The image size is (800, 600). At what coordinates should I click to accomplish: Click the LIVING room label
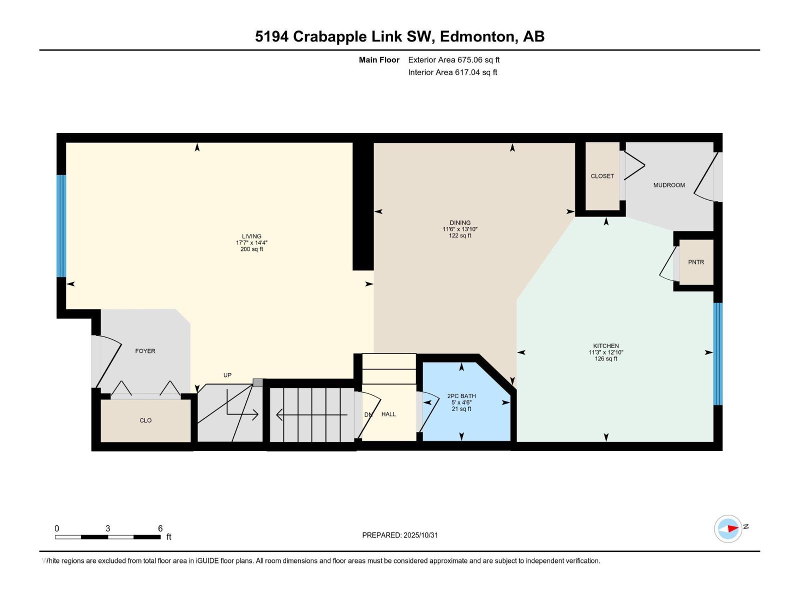point(251,236)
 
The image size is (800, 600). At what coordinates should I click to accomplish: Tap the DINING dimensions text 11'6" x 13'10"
point(459,229)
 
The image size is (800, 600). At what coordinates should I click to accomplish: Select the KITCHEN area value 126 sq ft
point(605,358)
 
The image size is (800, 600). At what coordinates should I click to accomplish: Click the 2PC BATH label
point(461,396)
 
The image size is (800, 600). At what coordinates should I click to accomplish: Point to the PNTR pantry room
point(695,262)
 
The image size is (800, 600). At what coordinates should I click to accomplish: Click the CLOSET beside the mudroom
point(602,176)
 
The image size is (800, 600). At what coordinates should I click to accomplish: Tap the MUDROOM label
point(668,185)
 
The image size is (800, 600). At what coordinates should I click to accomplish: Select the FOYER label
point(145,351)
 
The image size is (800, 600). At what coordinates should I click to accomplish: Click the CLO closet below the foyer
point(145,420)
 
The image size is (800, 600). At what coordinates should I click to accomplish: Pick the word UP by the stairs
point(227,375)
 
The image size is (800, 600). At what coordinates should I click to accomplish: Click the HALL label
point(388,414)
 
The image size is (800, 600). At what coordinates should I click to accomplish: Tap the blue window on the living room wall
point(61,225)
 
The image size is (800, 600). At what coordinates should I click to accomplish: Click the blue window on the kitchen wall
point(717,353)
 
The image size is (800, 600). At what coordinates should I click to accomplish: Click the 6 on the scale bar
point(160,528)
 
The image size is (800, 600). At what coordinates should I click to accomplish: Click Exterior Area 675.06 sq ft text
point(453,59)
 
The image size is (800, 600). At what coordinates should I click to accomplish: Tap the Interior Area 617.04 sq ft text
point(452,72)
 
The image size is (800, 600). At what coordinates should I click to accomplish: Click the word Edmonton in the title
point(477,36)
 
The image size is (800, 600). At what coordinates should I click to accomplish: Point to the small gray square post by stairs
point(257,382)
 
